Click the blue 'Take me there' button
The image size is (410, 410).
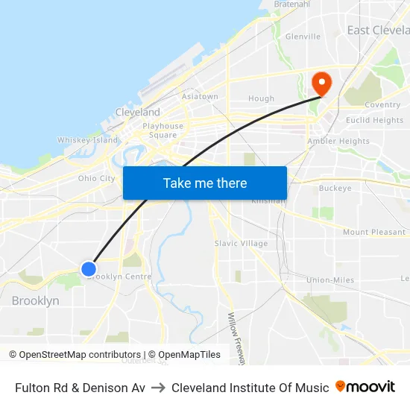click(x=205, y=183)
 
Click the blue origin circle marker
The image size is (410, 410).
click(x=89, y=269)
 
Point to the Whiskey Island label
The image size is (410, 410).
click(x=88, y=140)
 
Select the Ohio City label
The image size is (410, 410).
click(x=97, y=178)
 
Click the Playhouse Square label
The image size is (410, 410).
click(x=163, y=130)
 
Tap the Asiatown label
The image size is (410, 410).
click(x=200, y=97)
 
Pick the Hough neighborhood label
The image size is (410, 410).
click(x=261, y=98)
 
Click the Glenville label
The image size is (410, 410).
click(x=303, y=36)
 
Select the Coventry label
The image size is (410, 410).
click(x=382, y=105)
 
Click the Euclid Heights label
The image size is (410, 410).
click(x=374, y=120)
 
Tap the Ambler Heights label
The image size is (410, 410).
click(x=338, y=141)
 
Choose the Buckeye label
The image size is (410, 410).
click(x=335, y=189)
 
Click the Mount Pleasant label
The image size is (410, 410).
click(x=373, y=232)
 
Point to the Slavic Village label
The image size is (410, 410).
click(x=241, y=243)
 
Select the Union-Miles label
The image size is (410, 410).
click(x=330, y=280)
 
